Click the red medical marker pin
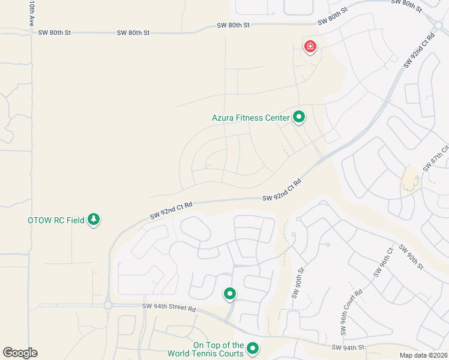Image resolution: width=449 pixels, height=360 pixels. [x=310, y=46]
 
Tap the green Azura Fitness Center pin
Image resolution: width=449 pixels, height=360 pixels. [x=299, y=118]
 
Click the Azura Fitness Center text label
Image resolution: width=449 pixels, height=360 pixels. [x=250, y=118]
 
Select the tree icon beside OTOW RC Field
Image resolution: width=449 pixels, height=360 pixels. [x=93, y=220]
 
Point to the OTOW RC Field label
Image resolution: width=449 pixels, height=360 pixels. [x=56, y=220]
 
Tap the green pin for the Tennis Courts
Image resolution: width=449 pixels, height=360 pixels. [x=253, y=348]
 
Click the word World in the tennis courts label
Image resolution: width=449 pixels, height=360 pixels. [x=204, y=353]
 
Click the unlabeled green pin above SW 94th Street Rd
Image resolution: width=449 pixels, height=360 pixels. [x=229, y=294]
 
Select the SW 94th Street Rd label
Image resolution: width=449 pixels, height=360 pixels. [x=169, y=308]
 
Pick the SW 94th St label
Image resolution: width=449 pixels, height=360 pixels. [x=348, y=347]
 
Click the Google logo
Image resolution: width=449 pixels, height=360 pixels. [x=20, y=353]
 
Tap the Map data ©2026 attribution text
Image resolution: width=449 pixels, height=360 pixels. [x=423, y=355]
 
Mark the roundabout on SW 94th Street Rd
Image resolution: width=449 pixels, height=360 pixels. [x=108, y=305]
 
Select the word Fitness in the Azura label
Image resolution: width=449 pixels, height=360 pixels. [x=249, y=118]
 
